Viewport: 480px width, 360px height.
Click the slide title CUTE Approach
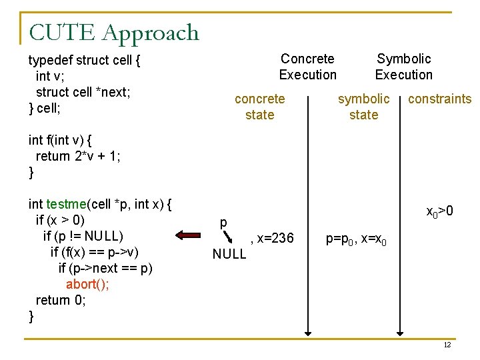[114, 32]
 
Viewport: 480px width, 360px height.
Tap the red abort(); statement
[88, 284]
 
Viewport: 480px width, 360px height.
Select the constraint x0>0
[440, 212]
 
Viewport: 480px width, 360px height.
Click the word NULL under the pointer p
[229, 254]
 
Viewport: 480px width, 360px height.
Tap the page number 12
[447, 345]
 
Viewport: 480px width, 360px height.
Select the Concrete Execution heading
[307, 67]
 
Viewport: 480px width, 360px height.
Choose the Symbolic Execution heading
[403, 67]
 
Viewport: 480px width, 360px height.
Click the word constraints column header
[439, 99]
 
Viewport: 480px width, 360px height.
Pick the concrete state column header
[259, 107]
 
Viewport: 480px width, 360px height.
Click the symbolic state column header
[363, 107]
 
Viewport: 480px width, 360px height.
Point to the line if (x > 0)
[60, 220]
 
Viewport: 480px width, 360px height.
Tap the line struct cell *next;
[83, 92]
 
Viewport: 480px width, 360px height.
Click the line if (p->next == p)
[105, 268]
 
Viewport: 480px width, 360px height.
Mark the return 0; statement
[61, 300]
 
